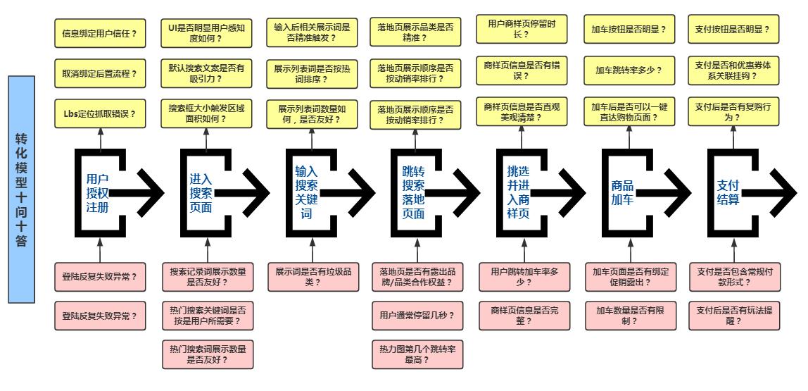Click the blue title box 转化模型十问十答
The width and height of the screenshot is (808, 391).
[21, 189]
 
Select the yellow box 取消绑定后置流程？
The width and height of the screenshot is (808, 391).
[100, 73]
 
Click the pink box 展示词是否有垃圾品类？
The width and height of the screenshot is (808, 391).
[313, 276]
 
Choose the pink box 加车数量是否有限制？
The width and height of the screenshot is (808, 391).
[630, 315]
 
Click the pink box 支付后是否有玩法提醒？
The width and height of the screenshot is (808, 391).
[733, 315]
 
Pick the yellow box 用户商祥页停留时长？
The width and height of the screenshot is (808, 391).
[524, 28]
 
